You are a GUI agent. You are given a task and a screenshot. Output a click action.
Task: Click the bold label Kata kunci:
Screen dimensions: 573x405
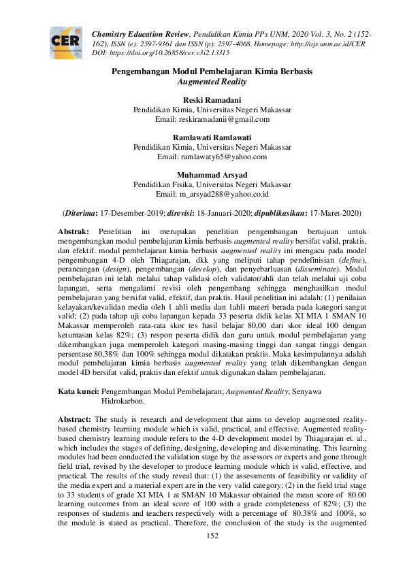[78, 392]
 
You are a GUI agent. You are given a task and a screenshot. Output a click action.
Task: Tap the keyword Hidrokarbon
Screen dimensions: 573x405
[123, 402]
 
